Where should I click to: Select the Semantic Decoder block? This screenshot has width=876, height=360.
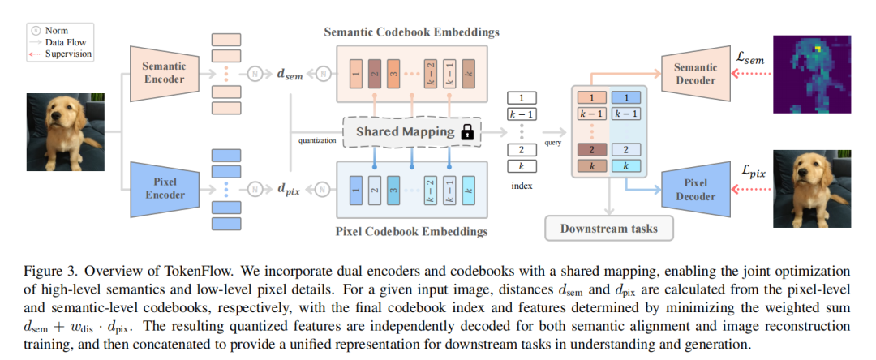[696, 74]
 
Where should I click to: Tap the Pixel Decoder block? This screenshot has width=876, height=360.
[696, 190]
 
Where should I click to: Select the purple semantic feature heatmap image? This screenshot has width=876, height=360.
[812, 74]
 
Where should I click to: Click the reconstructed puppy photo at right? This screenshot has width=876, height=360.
[812, 189]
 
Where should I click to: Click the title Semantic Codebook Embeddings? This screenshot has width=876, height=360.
[411, 32]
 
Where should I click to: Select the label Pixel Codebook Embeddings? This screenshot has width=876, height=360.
[411, 232]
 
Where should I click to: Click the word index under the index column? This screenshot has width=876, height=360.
[522, 186]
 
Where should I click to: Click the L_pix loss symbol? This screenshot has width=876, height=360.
[753, 172]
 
